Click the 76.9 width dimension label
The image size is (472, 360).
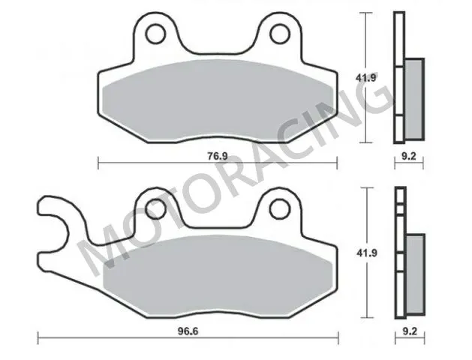point(217,156)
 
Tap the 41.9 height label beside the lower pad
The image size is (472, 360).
point(364,253)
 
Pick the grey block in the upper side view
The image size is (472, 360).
point(413,97)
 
